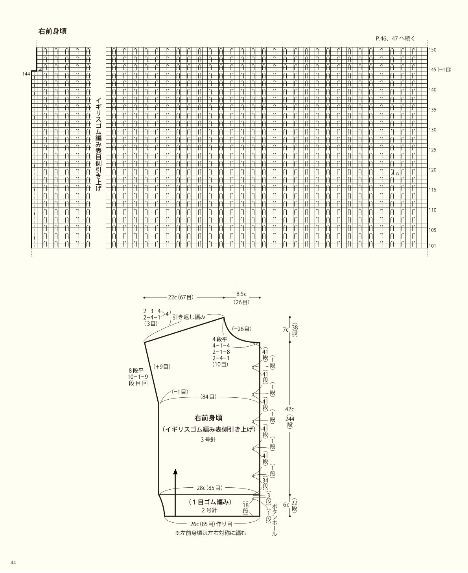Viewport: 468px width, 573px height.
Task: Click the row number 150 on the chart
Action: click(x=432, y=50)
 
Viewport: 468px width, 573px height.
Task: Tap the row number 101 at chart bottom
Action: click(x=432, y=246)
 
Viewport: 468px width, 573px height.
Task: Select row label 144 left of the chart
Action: click(x=26, y=74)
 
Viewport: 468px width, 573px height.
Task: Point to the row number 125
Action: click(x=432, y=150)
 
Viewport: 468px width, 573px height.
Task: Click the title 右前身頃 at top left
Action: click(x=52, y=31)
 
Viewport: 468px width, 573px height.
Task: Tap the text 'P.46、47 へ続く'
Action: click(x=395, y=39)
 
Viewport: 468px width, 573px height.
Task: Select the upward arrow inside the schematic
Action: click(x=175, y=492)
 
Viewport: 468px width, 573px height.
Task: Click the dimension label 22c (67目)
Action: click(x=181, y=298)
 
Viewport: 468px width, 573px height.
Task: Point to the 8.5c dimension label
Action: click(x=241, y=294)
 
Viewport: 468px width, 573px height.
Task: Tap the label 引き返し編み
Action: click(x=189, y=317)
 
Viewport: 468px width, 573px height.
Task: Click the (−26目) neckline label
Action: click(x=241, y=329)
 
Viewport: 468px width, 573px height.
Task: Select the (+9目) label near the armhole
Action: click(x=162, y=367)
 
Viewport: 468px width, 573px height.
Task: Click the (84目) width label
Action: click(x=208, y=397)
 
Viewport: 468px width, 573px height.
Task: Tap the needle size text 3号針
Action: click(x=208, y=440)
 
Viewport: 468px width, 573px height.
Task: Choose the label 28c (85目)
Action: click(x=210, y=488)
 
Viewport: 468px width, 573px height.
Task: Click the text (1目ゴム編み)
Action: click(x=210, y=502)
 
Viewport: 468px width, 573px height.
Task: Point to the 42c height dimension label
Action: click(x=289, y=409)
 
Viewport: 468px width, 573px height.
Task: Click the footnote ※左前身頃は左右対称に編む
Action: click(x=211, y=533)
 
